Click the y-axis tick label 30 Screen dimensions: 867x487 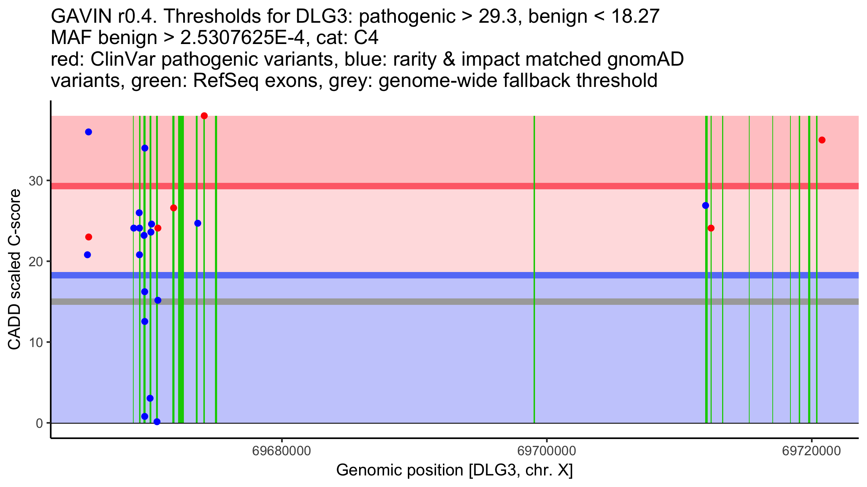36,181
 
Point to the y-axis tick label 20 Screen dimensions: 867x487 36,262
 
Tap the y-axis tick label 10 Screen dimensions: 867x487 36,342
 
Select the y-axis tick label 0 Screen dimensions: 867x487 39,423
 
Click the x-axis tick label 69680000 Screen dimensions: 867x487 281,451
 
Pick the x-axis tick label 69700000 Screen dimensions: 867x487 547,451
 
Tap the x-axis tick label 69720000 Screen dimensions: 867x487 812,451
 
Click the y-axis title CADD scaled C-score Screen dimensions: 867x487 14,269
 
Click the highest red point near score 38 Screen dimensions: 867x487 204,116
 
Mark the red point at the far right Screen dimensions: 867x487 822,140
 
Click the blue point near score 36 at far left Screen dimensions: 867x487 89,132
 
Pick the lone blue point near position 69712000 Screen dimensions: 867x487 706,206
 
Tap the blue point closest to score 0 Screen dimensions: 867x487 157,422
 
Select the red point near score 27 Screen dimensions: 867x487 173,208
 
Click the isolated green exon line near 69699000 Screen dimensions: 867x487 534,269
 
